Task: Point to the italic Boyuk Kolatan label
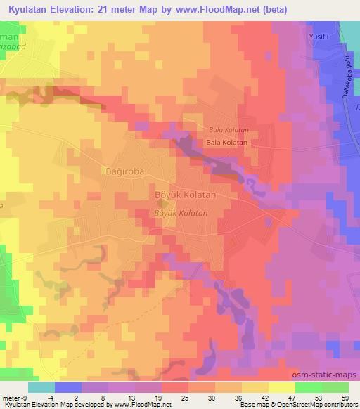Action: (181, 212)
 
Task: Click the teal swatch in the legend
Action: (41, 387)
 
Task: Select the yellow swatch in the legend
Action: (281, 387)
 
